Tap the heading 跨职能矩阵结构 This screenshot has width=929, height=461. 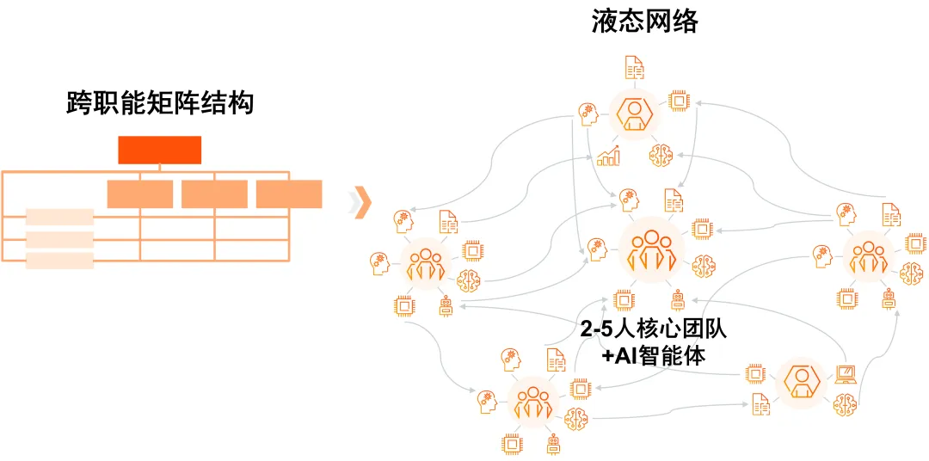click(x=160, y=104)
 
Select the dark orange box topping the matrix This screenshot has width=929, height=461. click(x=159, y=150)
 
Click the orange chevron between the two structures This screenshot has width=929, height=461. click(x=363, y=201)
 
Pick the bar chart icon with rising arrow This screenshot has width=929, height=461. click(x=608, y=156)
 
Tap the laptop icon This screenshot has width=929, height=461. click(x=846, y=374)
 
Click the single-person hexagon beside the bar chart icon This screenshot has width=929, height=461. click(x=634, y=113)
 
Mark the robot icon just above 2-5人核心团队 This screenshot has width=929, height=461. click(x=678, y=298)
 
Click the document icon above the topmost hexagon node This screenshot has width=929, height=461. click(x=634, y=67)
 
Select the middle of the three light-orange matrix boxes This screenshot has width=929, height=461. click(x=214, y=194)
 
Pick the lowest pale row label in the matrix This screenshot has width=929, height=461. click(x=59, y=261)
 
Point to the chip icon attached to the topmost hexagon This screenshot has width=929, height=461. click(x=679, y=101)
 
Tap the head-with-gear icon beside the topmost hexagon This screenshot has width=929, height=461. click(x=589, y=112)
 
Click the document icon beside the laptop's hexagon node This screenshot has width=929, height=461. click(x=760, y=402)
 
